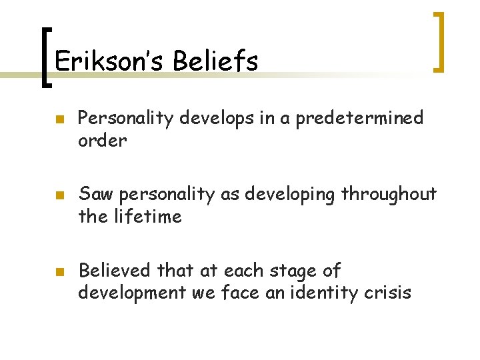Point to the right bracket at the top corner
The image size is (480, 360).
[439, 42]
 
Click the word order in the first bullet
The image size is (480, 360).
[102, 141]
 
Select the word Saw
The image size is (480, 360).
[94, 194]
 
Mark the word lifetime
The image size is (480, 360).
[149, 216]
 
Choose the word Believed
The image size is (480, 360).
[114, 270]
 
